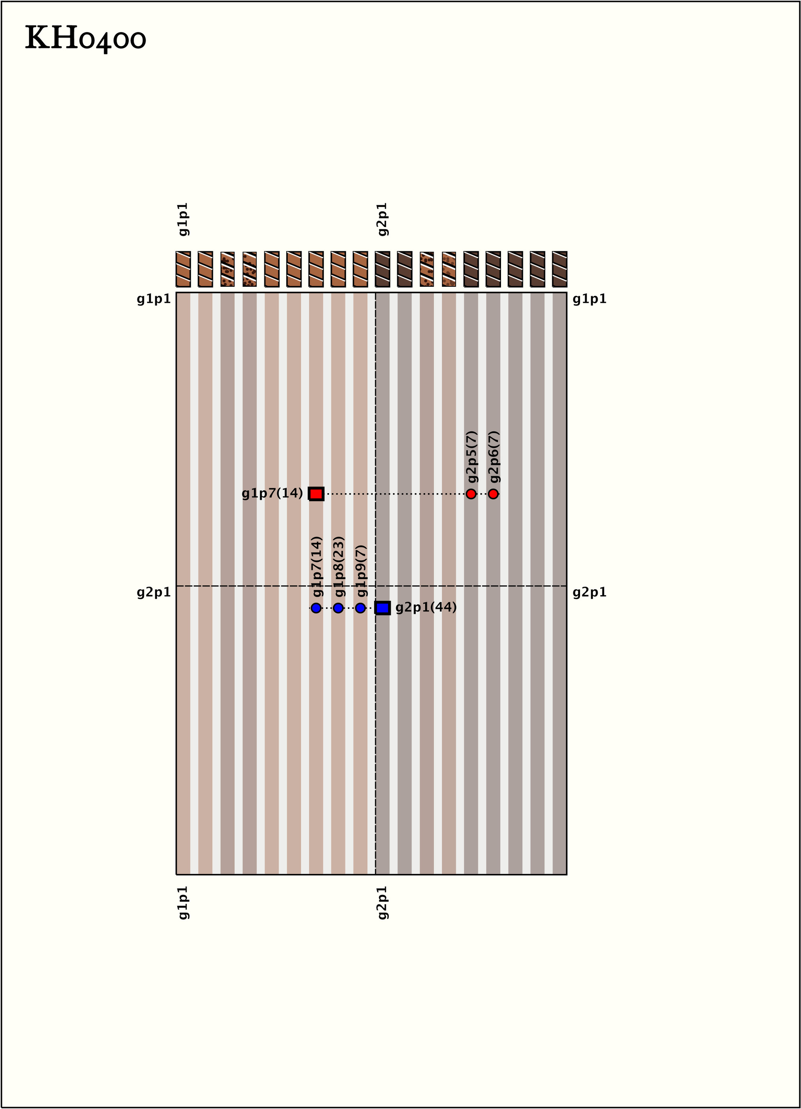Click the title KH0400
tap(86, 38)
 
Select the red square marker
tap(316, 494)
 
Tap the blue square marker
tap(383, 608)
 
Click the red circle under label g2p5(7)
tap(471, 494)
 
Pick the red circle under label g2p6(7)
tap(493, 494)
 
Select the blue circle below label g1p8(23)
tap(338, 608)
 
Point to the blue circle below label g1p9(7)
tap(361, 608)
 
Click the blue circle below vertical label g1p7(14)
tap(316, 608)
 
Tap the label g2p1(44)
tap(426, 607)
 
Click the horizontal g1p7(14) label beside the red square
tap(273, 494)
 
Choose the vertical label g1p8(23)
tap(339, 567)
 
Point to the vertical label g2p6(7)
tap(494, 457)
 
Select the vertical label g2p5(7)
tap(472, 457)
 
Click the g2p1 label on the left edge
tap(154, 592)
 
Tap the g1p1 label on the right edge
tap(590, 299)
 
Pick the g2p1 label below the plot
tap(384, 902)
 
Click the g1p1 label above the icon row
tap(184, 219)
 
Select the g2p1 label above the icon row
tap(384, 219)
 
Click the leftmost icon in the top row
tap(183, 269)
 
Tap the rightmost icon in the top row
tap(560, 269)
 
